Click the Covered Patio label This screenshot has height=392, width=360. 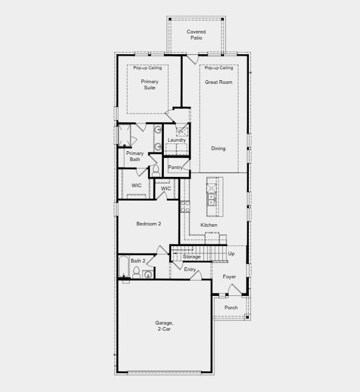click(196, 35)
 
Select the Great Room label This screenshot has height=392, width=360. click(219, 82)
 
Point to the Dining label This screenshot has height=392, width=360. click(218, 148)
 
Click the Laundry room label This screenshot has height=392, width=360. click(177, 140)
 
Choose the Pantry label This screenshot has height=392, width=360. click(175, 167)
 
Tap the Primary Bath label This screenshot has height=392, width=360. click(135, 156)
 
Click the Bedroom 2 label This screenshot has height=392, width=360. click(148, 224)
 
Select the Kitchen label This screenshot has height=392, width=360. click(209, 225)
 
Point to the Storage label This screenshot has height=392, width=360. click(192, 256)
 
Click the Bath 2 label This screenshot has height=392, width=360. click(138, 261)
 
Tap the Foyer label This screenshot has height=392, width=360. click(229, 277)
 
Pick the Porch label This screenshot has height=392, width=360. click(231, 308)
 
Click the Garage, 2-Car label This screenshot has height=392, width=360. click(164, 326)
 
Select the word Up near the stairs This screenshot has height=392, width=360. click(231, 253)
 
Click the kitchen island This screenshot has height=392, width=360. click(211, 196)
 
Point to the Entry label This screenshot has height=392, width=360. click(190, 269)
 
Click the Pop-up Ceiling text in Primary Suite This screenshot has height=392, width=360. click(148, 68)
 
